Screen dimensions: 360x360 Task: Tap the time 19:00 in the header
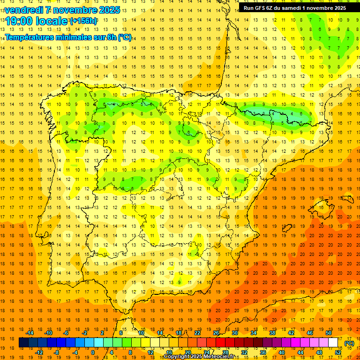pyautogui.click(x=22, y=21)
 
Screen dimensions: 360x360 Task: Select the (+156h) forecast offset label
pyautogui.click(x=83, y=21)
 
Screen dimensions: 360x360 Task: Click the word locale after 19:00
pyautogui.click(x=54, y=21)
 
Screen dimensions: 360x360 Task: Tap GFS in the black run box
pyautogui.click(x=261, y=7)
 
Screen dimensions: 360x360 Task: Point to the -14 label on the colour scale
pyautogui.click(x=30, y=333)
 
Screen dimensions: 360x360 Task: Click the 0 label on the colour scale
pyautogui.click(x=93, y=352)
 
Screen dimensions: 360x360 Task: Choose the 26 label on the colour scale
pyautogui.click(x=216, y=333)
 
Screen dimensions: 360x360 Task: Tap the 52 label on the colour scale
pyautogui.click(x=338, y=352)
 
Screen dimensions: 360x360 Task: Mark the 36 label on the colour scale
pyautogui.click(x=262, y=352)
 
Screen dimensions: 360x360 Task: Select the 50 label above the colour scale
pyautogui.click(x=329, y=333)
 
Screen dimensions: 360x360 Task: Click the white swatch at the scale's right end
pyautogui.click(x=333, y=343)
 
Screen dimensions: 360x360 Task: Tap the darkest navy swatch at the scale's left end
pyautogui.click(x=23, y=343)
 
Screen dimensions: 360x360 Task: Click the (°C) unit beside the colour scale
pyautogui.click(x=349, y=343)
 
